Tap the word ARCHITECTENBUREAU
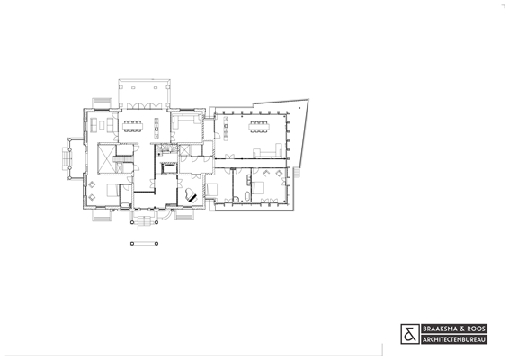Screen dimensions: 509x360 coord(454,340)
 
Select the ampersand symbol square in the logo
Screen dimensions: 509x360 coord(410,334)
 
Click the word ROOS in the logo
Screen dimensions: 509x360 coord(477,328)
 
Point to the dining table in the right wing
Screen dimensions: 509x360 coord(258,127)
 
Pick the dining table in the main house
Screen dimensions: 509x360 coord(132,126)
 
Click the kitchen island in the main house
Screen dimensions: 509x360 coord(156,128)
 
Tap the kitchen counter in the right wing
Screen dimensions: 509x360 coord(226,128)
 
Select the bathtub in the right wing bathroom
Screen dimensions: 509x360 coord(247,196)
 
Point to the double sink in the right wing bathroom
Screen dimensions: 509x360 coord(249,180)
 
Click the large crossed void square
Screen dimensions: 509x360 coord(107,158)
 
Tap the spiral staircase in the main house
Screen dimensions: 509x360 coord(166,149)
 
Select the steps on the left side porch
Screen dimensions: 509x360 coord(67,158)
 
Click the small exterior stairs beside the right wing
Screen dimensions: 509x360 coord(297,172)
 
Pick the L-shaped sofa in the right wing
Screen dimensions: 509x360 coord(267,151)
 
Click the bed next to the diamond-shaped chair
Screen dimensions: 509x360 coord(112,190)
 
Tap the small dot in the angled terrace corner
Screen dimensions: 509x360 coord(299,108)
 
